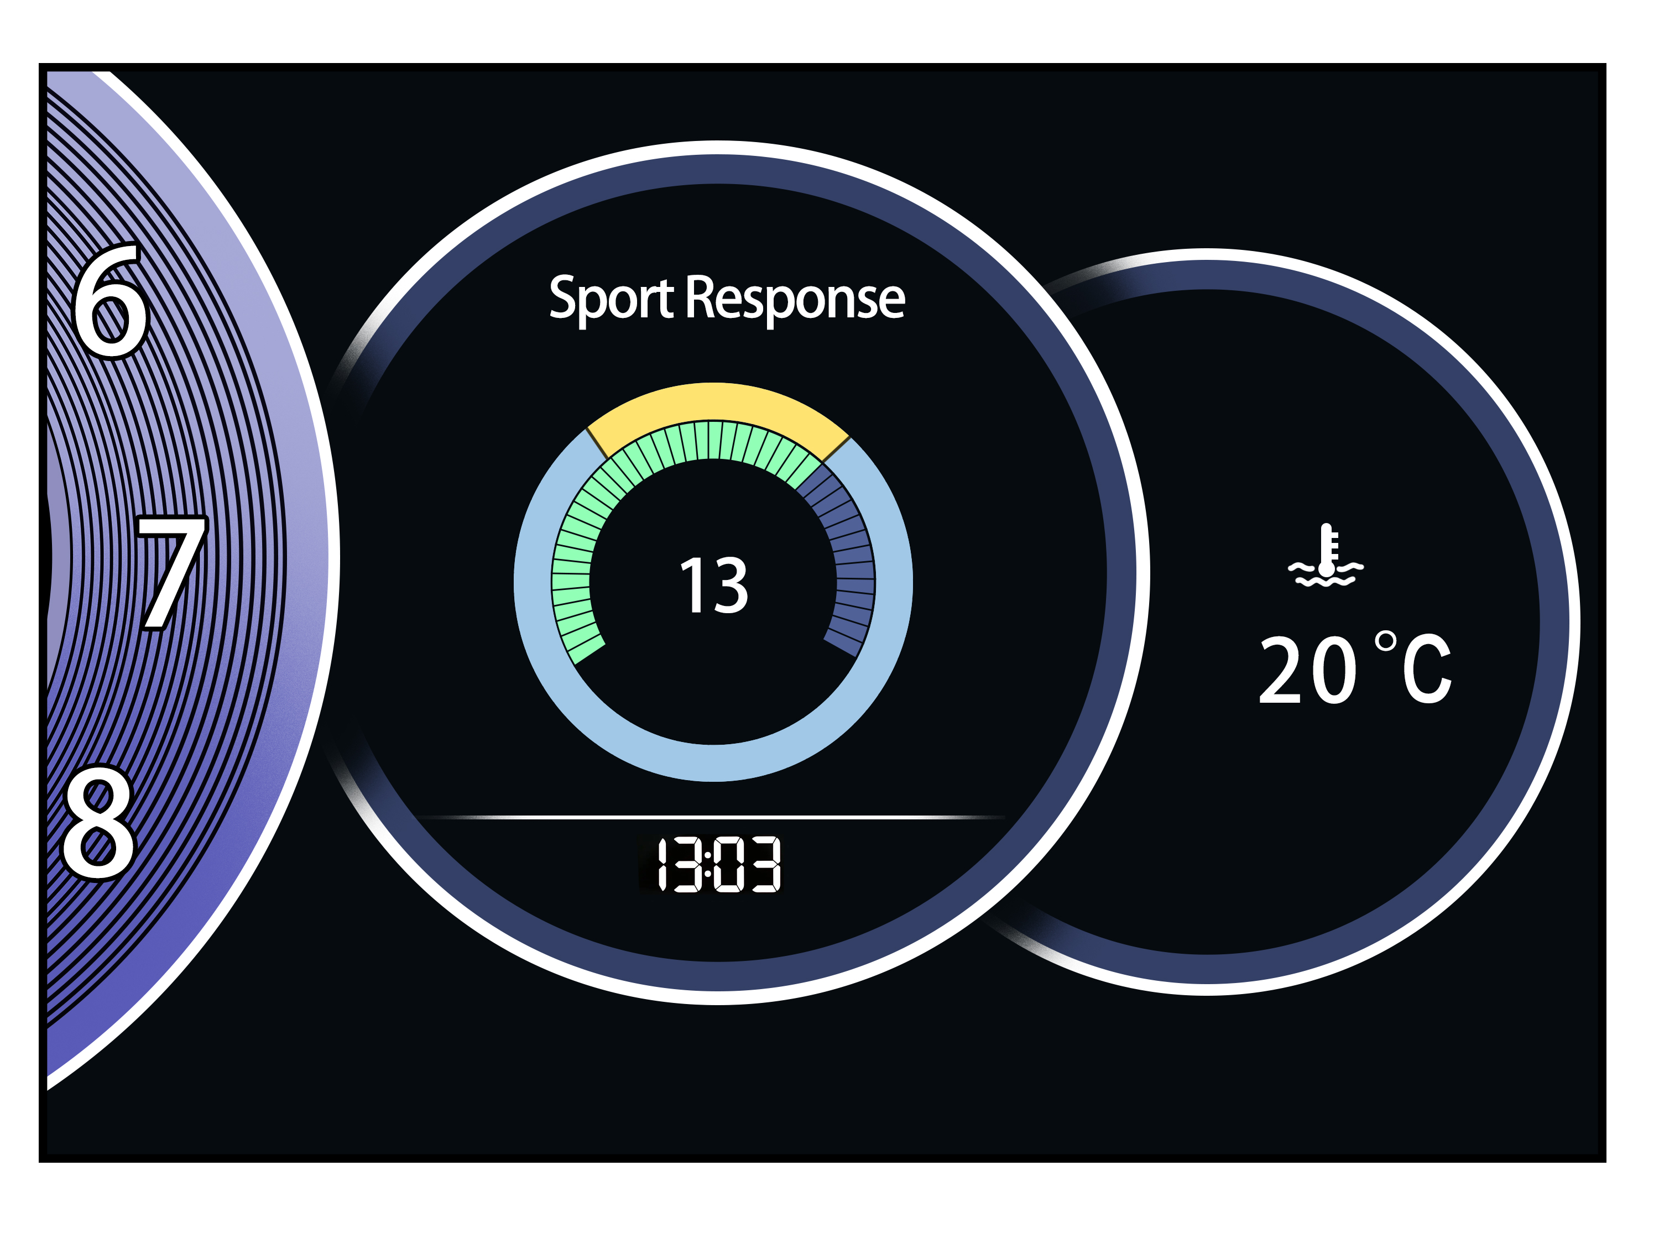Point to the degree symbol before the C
coord(1385,641)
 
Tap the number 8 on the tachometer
coord(99,823)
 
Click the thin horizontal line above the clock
coord(712,817)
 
